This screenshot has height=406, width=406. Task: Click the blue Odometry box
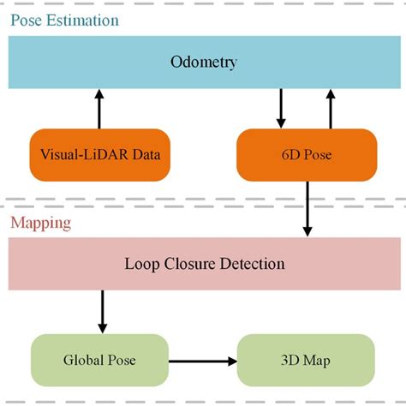[x=203, y=63]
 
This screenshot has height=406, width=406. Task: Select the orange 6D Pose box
[x=307, y=155]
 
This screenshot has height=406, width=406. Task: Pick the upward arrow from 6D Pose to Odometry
[x=331, y=108]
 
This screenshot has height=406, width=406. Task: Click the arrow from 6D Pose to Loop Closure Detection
[x=307, y=209]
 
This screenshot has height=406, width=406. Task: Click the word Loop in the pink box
[x=140, y=264]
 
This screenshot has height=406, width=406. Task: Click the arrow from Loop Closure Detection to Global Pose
[x=103, y=311]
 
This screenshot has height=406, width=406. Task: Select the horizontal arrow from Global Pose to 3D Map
[x=202, y=361]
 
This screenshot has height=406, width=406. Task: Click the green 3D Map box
[x=306, y=360]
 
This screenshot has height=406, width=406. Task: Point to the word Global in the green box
[x=84, y=360]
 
